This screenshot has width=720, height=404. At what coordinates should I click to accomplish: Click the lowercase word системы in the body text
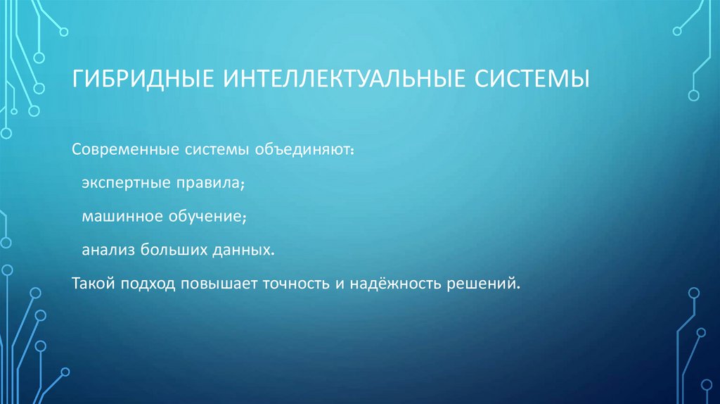point(212,150)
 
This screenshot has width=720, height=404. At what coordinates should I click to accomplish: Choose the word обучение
point(203,217)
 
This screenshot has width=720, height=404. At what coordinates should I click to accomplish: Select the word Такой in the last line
point(94,283)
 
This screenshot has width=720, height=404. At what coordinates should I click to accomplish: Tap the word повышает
point(219,283)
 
